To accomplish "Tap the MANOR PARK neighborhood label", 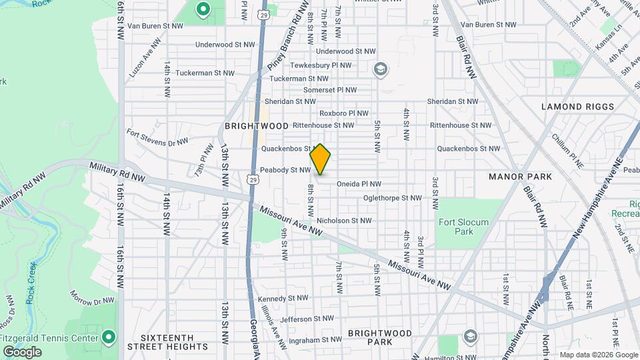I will coord(520,177).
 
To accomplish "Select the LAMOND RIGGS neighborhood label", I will coord(577,107).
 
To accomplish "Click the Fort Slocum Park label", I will coord(463,227).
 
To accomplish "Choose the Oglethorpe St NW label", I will coord(393,198).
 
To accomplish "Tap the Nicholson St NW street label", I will coord(344,220).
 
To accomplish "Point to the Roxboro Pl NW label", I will coord(343,113).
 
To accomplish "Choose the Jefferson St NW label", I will coord(307,319).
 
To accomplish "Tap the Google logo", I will coord(22,351).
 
